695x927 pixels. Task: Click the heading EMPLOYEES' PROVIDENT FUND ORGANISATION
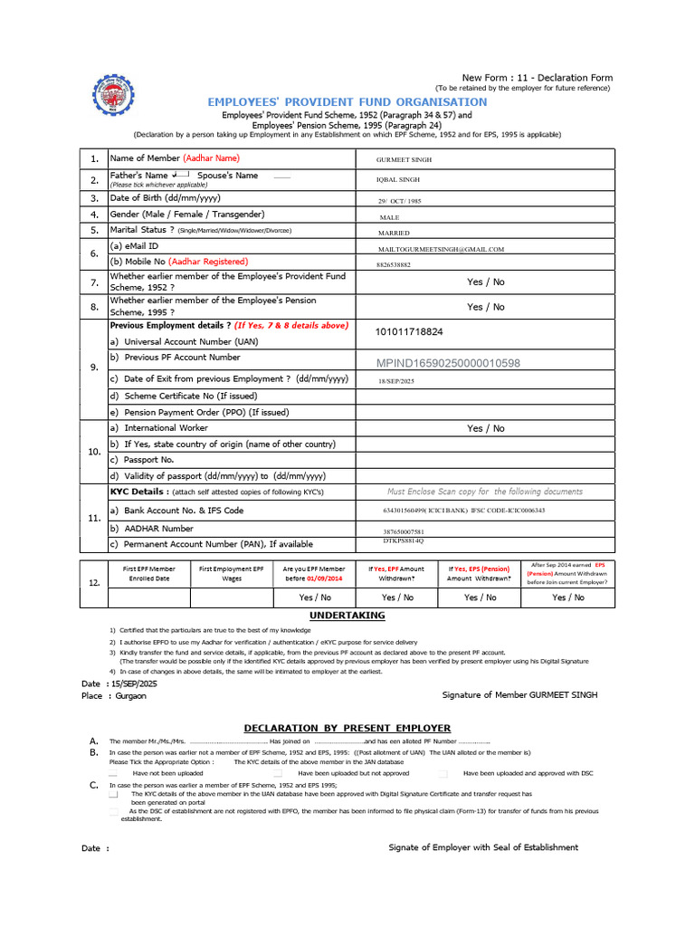pyautogui.click(x=347, y=101)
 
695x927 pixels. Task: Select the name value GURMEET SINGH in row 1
pyautogui.click(x=404, y=159)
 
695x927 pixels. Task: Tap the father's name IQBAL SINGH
pyautogui.click(x=398, y=180)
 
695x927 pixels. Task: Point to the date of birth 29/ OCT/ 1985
pyautogui.click(x=399, y=201)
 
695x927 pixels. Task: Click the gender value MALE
pyautogui.click(x=389, y=218)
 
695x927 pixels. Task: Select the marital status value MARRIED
pyautogui.click(x=394, y=234)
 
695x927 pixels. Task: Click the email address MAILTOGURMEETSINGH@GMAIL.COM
pyautogui.click(x=441, y=249)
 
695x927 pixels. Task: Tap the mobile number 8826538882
pyautogui.click(x=394, y=265)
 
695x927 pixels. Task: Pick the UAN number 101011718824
pyautogui.click(x=409, y=332)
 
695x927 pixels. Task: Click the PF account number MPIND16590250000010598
pyautogui.click(x=448, y=363)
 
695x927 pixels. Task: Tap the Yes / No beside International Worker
pyautogui.click(x=486, y=428)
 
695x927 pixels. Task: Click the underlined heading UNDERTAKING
pyautogui.click(x=347, y=616)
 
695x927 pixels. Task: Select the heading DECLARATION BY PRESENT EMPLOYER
pyautogui.click(x=347, y=728)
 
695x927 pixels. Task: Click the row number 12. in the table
pyautogui.click(x=93, y=584)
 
